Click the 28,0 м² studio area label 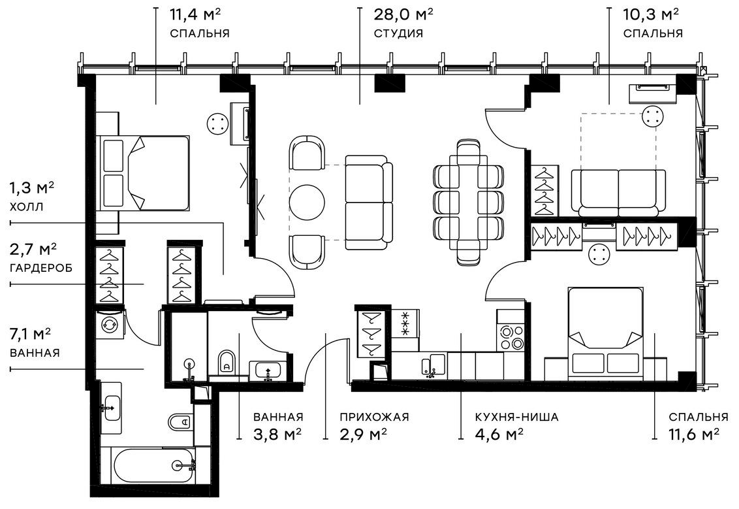(403, 14)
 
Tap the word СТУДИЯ (398, 33)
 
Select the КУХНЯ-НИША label (516, 417)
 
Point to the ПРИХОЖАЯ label (374, 417)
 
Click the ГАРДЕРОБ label (41, 268)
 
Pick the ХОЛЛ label (26, 206)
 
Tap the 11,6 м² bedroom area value (693, 434)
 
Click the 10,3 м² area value (651, 14)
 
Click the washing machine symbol (110, 324)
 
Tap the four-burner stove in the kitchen (511, 337)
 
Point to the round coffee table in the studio (307, 202)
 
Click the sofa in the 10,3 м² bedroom (618, 191)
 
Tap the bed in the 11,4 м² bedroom (144, 173)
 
